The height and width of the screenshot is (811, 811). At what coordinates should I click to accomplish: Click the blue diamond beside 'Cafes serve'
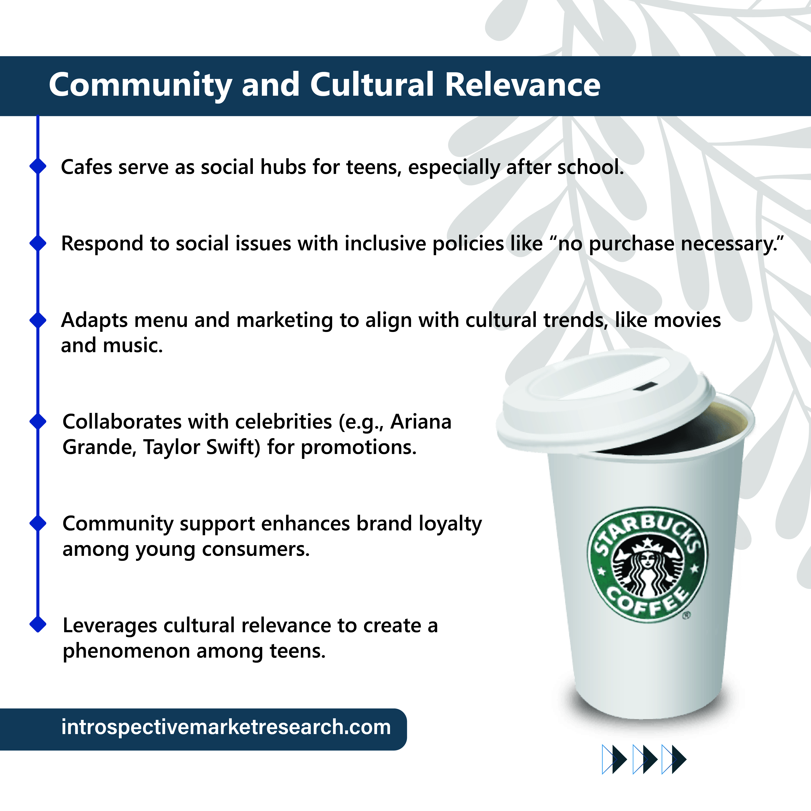pyautogui.click(x=38, y=166)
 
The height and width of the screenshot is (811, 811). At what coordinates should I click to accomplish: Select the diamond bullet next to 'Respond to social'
pyautogui.click(x=38, y=243)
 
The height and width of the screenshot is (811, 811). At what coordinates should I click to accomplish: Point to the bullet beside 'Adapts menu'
pyautogui.click(x=38, y=320)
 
